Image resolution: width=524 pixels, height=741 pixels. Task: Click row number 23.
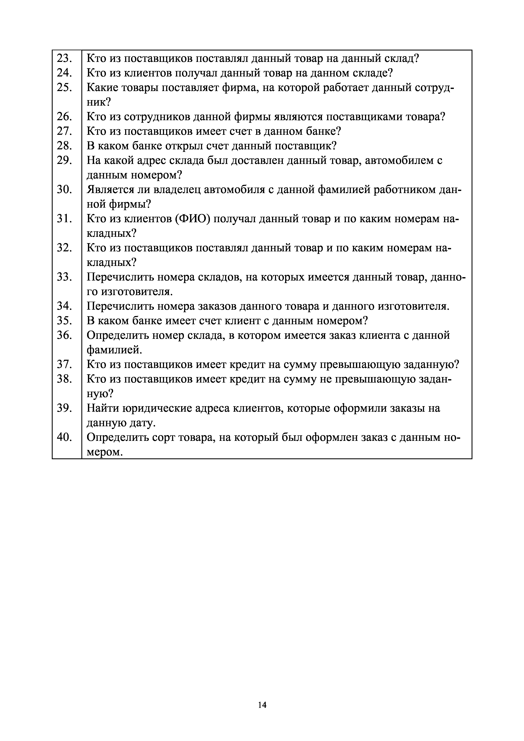[x=64, y=59]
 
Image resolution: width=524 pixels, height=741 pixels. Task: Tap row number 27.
[x=64, y=131]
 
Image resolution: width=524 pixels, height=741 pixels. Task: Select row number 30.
[x=64, y=190]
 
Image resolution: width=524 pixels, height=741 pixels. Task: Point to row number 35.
[x=64, y=321]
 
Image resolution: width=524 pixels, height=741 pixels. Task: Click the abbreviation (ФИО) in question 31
[x=193, y=219]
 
